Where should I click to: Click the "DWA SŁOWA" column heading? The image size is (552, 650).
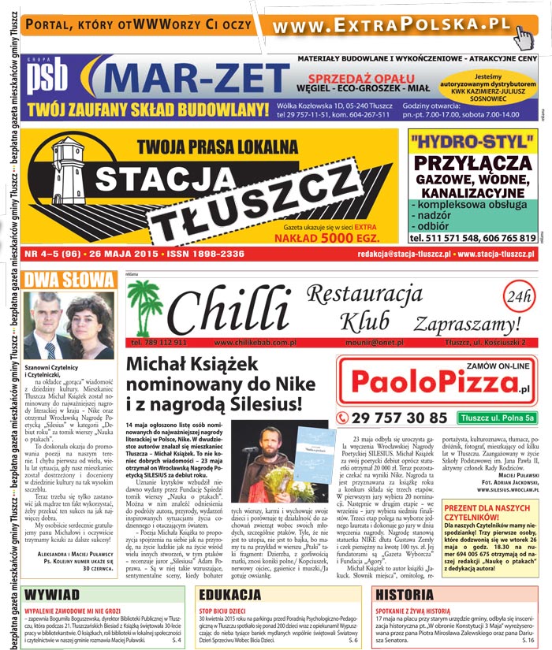click(x=70, y=280)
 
